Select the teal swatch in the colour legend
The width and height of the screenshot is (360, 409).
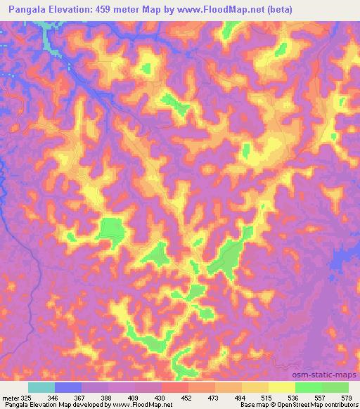pos(41,387)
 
